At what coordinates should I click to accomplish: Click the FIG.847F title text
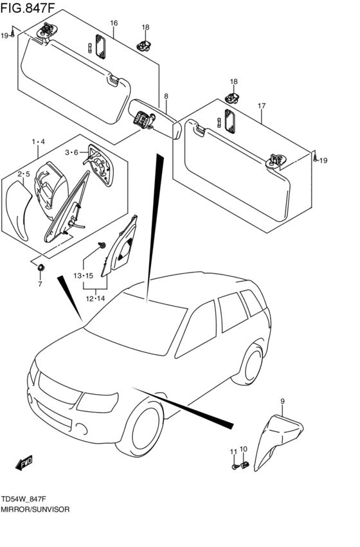pos(28,8)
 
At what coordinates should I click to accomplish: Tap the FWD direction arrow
pos(24,463)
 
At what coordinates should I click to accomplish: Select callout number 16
pos(114,23)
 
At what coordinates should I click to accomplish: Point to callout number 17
pos(262,105)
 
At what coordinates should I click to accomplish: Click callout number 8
pos(166,96)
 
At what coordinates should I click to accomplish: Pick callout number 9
pos(282,402)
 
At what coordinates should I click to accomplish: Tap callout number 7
pos(40,284)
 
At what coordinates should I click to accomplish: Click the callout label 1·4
pos(39,141)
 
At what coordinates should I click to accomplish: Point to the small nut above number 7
pos(40,267)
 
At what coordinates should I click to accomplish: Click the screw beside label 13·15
pos(102,245)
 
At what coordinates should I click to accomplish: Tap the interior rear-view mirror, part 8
pos(155,119)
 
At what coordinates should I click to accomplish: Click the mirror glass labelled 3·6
pos(101,166)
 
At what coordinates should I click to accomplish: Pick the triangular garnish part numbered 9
pos(277,442)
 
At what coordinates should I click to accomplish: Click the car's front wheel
pos(141,427)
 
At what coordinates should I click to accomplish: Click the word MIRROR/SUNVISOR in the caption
pos(35,509)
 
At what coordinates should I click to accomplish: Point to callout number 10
pos(244,449)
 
